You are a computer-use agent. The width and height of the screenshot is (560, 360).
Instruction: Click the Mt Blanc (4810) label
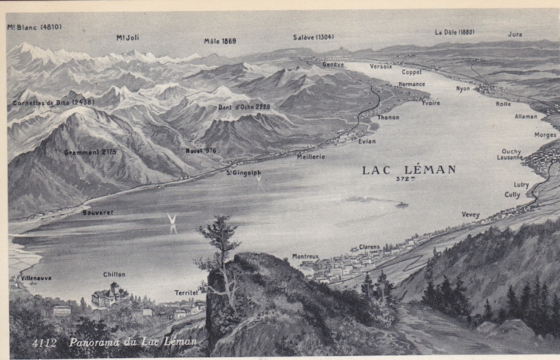(35, 28)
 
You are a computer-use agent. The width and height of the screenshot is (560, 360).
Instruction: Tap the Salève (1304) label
(313, 37)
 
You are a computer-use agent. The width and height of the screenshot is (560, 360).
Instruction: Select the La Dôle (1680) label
(454, 32)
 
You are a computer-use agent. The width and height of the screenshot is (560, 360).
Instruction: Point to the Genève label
(333, 64)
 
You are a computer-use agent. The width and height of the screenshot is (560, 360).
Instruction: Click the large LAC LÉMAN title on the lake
(408, 169)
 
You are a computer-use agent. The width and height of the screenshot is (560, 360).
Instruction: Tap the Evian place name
(367, 141)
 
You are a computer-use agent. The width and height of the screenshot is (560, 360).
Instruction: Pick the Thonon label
(388, 117)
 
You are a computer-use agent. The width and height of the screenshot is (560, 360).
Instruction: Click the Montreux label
(305, 256)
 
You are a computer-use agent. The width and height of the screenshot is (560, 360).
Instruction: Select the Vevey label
(470, 215)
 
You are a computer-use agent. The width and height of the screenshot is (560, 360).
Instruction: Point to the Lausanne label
(510, 157)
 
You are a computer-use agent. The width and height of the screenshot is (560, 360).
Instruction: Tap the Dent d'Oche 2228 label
(243, 107)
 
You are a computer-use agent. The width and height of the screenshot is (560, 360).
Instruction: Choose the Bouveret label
(97, 212)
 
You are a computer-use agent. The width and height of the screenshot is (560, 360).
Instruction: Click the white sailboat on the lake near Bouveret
(171, 223)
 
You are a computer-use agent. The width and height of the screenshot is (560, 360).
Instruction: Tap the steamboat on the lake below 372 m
(401, 205)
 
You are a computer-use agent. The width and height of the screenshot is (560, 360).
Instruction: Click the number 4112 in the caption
(45, 343)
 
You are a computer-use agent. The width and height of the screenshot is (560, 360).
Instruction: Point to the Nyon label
(463, 89)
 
